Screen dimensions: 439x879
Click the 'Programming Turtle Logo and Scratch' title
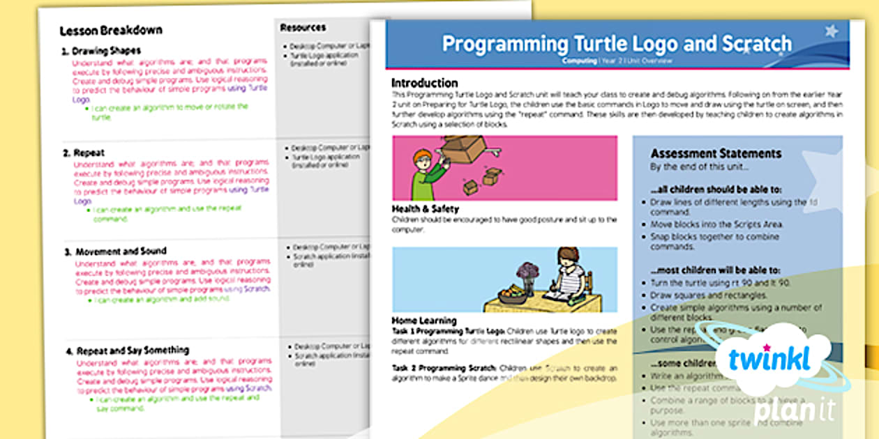tap(617, 44)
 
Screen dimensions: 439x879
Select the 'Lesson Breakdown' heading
tap(111, 31)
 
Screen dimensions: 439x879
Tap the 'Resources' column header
tap(303, 28)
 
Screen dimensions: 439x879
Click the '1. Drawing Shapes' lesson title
tap(101, 51)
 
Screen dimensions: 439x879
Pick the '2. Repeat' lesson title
tap(84, 153)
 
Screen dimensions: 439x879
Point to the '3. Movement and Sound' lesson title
tap(115, 251)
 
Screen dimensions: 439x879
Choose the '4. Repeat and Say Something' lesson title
tap(126, 351)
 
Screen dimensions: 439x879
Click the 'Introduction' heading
tap(424, 83)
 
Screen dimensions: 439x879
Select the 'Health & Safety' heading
tap(426, 208)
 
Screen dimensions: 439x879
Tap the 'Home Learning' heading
tap(424, 321)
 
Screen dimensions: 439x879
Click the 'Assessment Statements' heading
tap(716, 154)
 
